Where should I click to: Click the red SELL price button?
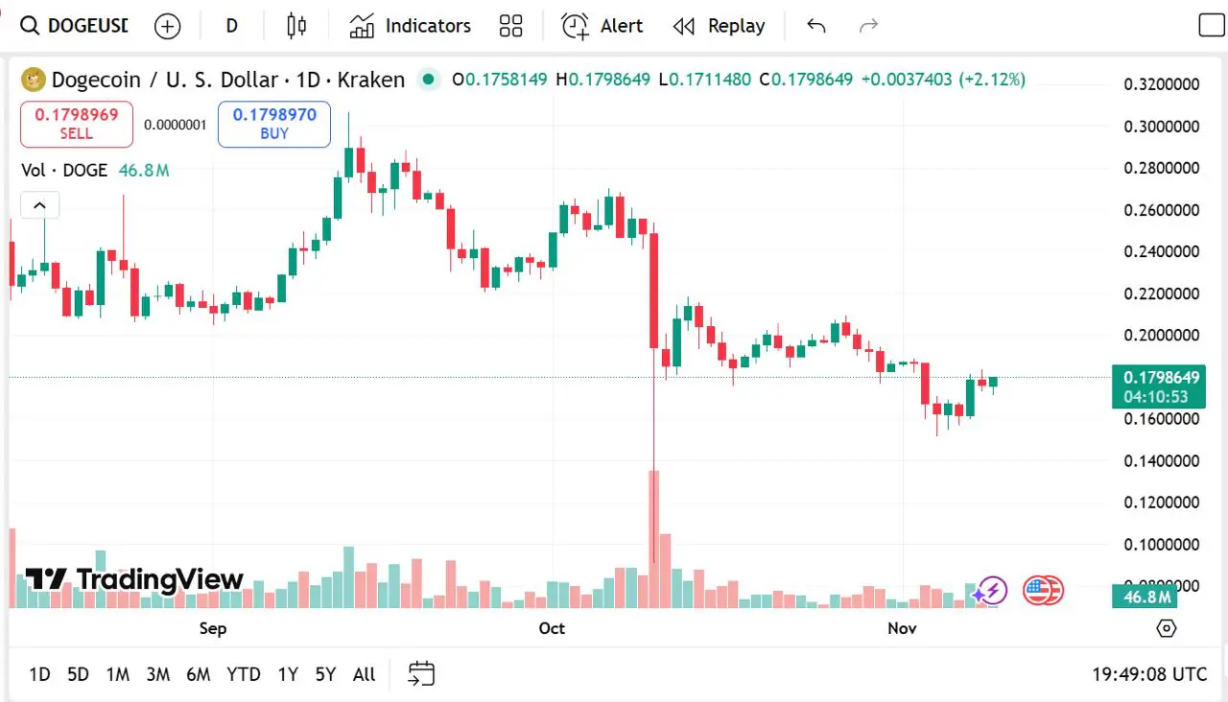click(77, 124)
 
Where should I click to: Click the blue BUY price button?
click(274, 124)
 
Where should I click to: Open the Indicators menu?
click(410, 26)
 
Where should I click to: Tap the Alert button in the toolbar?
click(602, 26)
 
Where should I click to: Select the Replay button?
click(719, 26)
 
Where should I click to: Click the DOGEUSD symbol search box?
click(74, 26)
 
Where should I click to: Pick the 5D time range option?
click(78, 674)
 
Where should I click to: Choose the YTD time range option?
click(243, 674)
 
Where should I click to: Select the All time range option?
click(364, 674)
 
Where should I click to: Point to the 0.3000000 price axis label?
click(1161, 127)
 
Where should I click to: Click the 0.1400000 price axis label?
click(1161, 461)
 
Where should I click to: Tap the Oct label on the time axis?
click(552, 628)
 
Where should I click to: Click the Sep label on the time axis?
click(213, 628)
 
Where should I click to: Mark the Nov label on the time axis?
click(902, 628)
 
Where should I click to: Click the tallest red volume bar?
click(653, 537)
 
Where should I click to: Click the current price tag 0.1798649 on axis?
click(1158, 378)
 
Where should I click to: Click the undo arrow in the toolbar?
click(816, 26)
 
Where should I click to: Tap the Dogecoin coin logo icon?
click(34, 80)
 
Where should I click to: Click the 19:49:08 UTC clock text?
click(1148, 674)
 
